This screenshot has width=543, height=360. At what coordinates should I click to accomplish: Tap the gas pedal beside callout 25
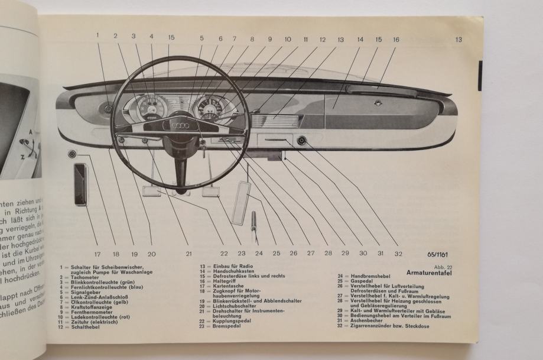click(x=241, y=204)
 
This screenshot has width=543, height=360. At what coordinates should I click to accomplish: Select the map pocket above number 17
click(x=80, y=184)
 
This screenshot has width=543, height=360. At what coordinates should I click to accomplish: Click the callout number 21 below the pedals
click(x=188, y=254)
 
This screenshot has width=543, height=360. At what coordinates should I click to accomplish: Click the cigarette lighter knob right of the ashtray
click(x=303, y=141)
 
